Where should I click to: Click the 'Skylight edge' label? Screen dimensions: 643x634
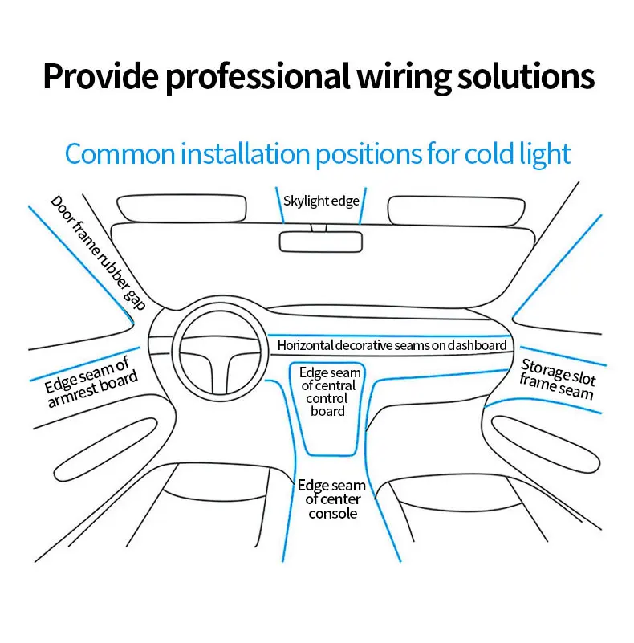click(321, 201)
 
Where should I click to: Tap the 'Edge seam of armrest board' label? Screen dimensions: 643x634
click(91, 382)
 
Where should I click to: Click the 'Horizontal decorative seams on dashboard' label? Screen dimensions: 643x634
click(392, 346)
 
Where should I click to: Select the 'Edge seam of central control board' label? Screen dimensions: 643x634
click(329, 392)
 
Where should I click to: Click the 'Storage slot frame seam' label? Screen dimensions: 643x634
click(557, 378)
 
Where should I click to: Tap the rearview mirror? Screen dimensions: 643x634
click(320, 241)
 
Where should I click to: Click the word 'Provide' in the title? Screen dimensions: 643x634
click(93, 76)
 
